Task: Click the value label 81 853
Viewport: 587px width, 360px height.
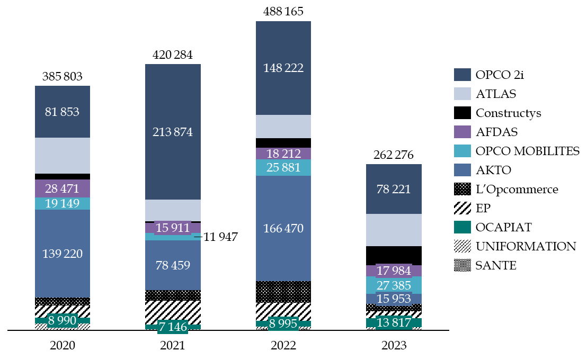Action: coord(63,112)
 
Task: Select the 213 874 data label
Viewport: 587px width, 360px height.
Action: coord(173,132)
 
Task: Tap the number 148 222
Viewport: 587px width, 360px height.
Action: coord(283,68)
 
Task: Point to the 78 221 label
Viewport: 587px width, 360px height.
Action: coord(394,190)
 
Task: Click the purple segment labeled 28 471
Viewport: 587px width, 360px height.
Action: coord(63,188)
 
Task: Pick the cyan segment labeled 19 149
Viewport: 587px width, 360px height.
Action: coord(63,203)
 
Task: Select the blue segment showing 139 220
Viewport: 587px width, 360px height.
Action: coord(63,254)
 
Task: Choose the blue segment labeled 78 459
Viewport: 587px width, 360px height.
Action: coord(173,265)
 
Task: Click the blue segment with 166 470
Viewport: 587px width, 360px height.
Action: coord(283,229)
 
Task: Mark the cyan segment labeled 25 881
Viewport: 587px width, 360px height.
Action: coord(283,168)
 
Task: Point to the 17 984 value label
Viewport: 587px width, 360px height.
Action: coord(394,271)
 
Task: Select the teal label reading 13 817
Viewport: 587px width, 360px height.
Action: coord(394,322)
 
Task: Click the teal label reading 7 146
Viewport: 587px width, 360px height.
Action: coord(173,327)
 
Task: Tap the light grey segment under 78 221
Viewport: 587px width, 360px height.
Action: coord(394,230)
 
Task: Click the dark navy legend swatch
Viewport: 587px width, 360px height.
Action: coord(462,75)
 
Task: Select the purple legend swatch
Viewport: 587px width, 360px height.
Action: coord(462,132)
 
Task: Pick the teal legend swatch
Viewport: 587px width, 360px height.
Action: coord(462,227)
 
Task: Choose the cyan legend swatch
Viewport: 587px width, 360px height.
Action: coord(462,151)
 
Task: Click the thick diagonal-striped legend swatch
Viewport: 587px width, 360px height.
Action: coord(462,208)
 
